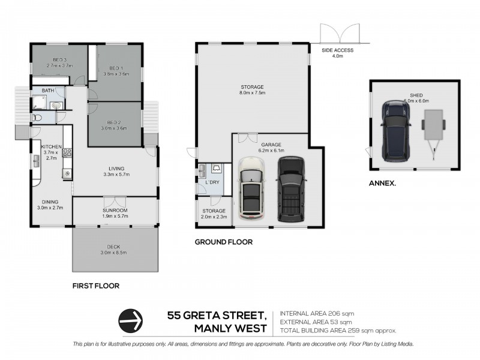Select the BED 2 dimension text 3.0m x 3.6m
(115, 127)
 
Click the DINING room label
(50, 202)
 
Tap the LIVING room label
(115, 169)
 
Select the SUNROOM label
(115, 211)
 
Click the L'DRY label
(211, 182)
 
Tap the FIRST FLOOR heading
(95, 286)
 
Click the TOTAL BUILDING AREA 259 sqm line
(338, 330)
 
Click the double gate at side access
(340, 33)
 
